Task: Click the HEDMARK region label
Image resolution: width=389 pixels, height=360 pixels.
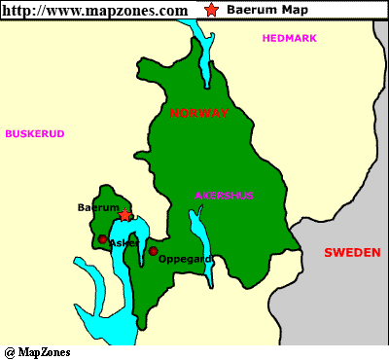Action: click(x=291, y=38)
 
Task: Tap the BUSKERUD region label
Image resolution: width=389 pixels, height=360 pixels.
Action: click(x=34, y=133)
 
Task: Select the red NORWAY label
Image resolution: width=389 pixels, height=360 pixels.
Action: click(x=199, y=114)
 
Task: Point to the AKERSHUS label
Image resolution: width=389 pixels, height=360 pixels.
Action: click(x=225, y=196)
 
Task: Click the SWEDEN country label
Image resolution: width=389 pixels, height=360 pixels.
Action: click(x=352, y=252)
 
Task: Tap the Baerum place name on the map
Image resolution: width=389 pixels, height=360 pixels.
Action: click(x=97, y=207)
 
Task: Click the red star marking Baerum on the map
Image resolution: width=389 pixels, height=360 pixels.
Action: click(x=124, y=215)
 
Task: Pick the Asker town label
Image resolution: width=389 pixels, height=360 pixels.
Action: click(x=124, y=242)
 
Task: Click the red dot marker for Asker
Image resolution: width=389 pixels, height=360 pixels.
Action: click(x=102, y=238)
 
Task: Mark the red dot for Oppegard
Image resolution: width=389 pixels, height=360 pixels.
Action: click(x=153, y=251)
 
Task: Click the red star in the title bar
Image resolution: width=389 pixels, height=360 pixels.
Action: click(x=212, y=10)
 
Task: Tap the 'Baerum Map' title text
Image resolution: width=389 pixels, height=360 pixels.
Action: click(x=260, y=10)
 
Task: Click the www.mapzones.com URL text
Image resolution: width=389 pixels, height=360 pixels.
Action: click(x=94, y=10)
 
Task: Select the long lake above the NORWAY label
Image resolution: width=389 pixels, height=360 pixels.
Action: click(x=204, y=58)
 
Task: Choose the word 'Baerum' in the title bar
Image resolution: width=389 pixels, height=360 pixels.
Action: click(x=247, y=10)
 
